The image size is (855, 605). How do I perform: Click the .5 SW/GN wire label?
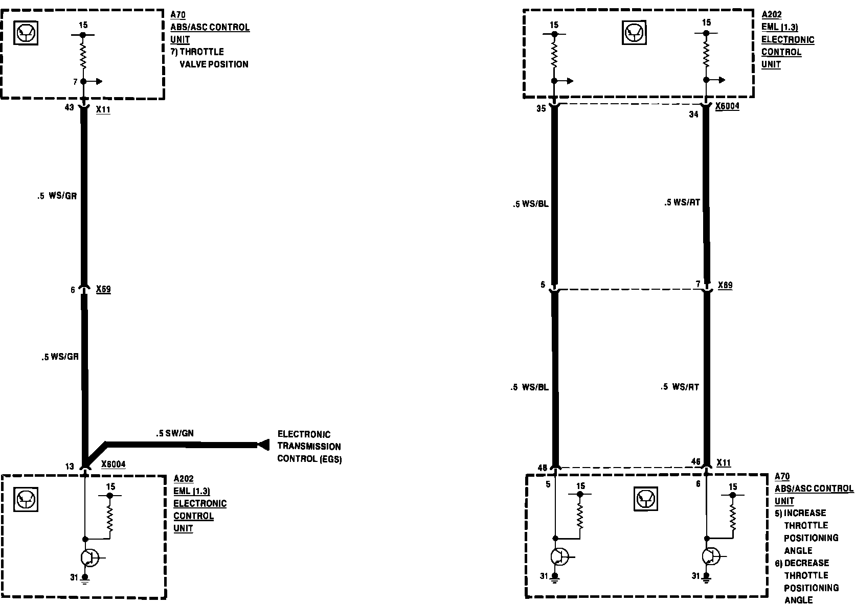coord(175,433)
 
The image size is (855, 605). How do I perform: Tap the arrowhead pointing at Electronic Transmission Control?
coord(263,445)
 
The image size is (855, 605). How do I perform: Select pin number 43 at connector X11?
coord(70,107)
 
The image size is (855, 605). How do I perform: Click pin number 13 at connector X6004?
coord(70,466)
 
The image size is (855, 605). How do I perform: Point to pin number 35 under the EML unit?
coord(541,108)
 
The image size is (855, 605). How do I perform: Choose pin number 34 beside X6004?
coord(693,114)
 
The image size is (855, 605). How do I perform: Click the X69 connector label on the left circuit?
coord(103,289)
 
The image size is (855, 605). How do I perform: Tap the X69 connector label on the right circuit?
coord(725,285)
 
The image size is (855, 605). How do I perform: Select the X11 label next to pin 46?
coord(724,463)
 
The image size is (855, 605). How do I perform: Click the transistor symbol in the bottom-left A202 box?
coord(90,558)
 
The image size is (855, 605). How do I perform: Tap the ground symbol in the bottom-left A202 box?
coord(85,579)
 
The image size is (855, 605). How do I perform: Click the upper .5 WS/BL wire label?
coord(531,204)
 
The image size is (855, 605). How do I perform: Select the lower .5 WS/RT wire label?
coord(680,387)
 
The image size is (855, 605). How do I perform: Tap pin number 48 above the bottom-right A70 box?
coord(542,467)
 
